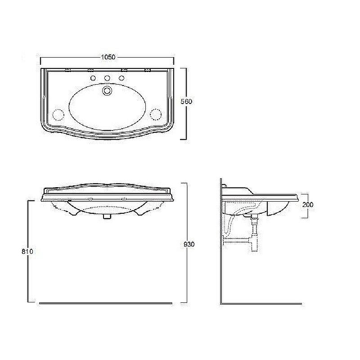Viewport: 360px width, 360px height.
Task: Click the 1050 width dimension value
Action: pyautogui.click(x=108, y=57)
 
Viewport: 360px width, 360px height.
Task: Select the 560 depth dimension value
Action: pyautogui.click(x=186, y=102)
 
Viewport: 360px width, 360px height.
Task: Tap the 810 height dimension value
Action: pyautogui.click(x=27, y=252)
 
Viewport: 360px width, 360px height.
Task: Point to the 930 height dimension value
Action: pyautogui.click(x=189, y=244)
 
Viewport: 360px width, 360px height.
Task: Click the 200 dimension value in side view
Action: pyautogui.click(x=308, y=205)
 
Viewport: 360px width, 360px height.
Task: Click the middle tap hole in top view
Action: pyautogui.click(x=107, y=79)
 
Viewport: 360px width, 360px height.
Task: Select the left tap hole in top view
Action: pyautogui.click(x=93, y=79)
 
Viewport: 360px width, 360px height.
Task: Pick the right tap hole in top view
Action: pyautogui.click(x=121, y=79)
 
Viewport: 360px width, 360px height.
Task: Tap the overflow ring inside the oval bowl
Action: pyautogui.click(x=107, y=90)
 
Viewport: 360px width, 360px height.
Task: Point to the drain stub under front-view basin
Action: pyautogui.click(x=107, y=216)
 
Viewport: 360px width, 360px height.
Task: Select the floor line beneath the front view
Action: pyautogui.click(x=106, y=304)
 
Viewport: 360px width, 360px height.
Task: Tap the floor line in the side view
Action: pyautogui.click(x=261, y=304)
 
